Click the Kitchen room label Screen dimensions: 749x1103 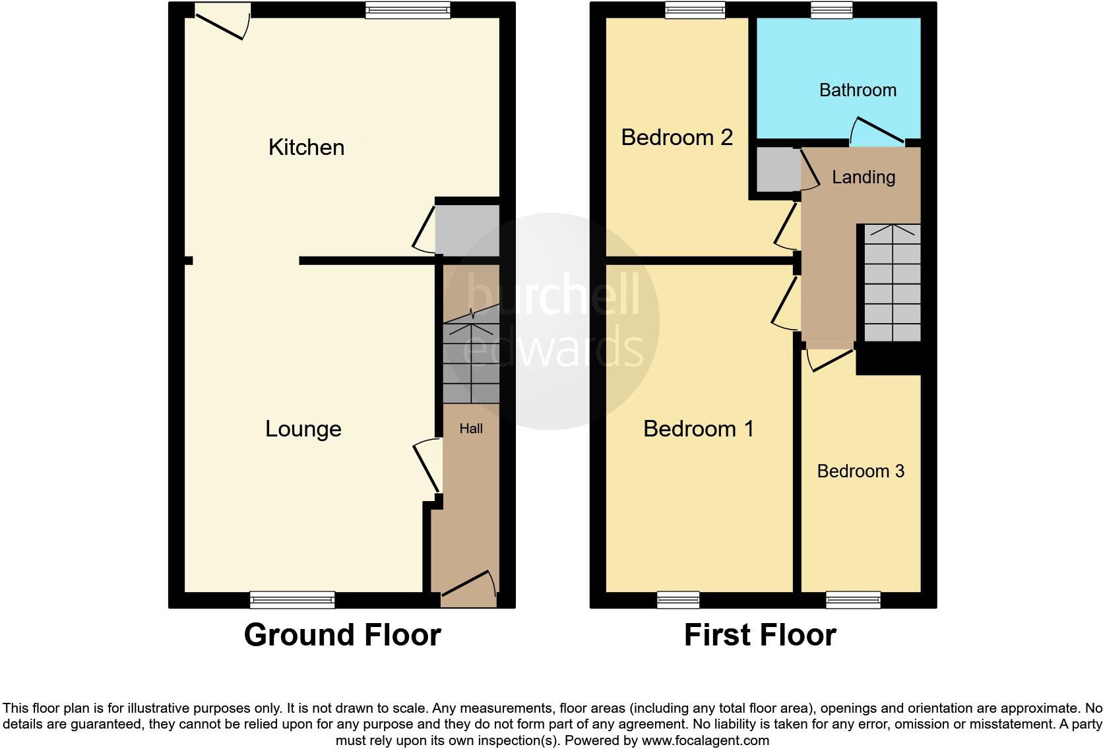point(306,147)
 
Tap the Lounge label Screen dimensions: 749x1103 point(303,429)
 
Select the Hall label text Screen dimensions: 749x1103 point(471,429)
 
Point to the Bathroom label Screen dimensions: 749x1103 point(858,90)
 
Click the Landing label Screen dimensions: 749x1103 point(863,177)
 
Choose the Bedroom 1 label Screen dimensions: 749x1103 point(698,429)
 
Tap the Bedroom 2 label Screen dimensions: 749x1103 point(677,137)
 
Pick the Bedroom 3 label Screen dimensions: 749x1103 point(860,471)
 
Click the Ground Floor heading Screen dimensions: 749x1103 point(342,635)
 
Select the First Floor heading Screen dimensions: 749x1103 point(760,635)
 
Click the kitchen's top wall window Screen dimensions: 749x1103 point(408,9)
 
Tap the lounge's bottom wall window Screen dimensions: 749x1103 point(292,599)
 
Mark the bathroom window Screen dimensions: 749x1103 point(831,9)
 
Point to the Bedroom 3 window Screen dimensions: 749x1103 point(853,599)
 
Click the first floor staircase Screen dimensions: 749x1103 point(892,283)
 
